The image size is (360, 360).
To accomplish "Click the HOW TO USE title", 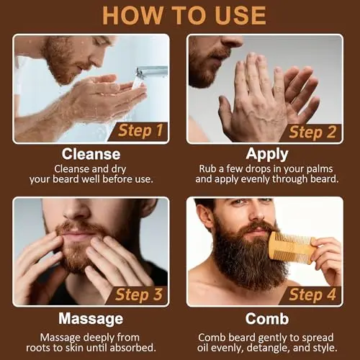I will click(x=180, y=16).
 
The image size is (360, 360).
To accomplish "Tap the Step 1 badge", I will click(x=140, y=130).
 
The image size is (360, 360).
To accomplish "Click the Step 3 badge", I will click(x=140, y=294).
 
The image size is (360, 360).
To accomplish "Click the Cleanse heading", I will click(x=91, y=153).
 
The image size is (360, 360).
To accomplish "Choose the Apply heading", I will click(x=267, y=153).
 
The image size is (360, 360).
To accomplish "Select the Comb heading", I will click(x=267, y=318).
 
